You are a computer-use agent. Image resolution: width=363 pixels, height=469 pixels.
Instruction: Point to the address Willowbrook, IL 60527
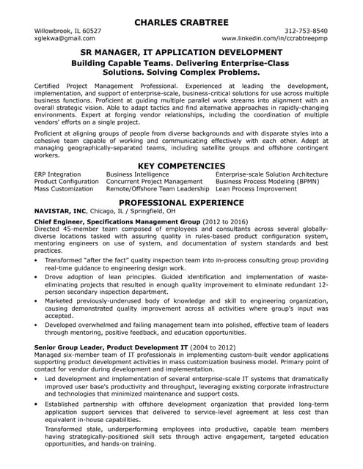pyautogui.click(x=68, y=31)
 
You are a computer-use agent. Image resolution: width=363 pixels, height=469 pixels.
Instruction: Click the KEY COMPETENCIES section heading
pyautogui.click(x=181, y=166)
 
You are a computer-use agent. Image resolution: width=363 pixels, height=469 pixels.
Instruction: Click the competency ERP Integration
pyautogui.click(x=58, y=174)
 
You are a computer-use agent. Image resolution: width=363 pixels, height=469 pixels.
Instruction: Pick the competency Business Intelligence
pyautogui.click(x=139, y=174)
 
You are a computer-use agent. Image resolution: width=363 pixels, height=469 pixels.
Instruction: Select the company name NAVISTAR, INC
pyautogui.click(x=64, y=210)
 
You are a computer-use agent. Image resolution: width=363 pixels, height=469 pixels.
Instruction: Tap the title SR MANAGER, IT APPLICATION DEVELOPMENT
pyautogui.click(x=181, y=53)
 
